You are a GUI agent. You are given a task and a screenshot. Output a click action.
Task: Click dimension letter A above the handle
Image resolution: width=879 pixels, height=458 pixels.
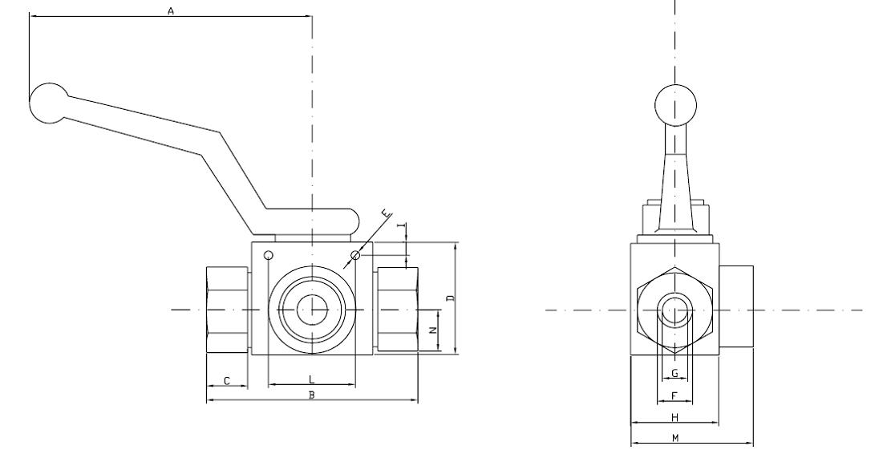(x=170, y=10)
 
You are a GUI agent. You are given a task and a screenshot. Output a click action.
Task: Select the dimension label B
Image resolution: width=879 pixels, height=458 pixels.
(x=312, y=395)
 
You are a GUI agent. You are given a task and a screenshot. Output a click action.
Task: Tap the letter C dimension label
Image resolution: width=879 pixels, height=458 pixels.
(x=227, y=381)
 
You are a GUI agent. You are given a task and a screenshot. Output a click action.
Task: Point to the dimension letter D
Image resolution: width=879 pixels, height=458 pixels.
(x=451, y=298)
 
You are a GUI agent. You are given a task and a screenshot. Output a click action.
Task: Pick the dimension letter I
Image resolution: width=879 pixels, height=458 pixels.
(x=401, y=230)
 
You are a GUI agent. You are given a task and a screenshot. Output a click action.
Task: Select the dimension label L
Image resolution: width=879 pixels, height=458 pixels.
(x=311, y=378)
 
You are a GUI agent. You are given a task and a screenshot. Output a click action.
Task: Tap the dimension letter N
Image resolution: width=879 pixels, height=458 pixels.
(x=432, y=330)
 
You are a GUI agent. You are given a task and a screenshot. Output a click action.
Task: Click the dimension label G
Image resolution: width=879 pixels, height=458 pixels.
(x=674, y=372)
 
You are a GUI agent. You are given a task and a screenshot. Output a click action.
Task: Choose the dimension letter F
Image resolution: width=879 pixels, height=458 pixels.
(x=674, y=395)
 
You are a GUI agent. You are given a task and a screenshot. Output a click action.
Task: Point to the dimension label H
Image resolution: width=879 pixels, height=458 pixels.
(x=674, y=417)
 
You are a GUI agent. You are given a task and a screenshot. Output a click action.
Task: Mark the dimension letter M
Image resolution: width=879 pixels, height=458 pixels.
(x=675, y=437)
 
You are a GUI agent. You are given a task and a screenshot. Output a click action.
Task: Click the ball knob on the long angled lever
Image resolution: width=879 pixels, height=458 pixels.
(x=50, y=103)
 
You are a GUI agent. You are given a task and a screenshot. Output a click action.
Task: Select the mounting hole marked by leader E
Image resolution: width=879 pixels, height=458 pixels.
(x=355, y=255)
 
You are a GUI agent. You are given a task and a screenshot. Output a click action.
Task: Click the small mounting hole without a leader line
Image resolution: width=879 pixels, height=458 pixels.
(x=269, y=256)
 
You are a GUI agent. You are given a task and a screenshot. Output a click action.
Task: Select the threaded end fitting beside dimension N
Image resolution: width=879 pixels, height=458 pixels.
(x=398, y=310)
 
